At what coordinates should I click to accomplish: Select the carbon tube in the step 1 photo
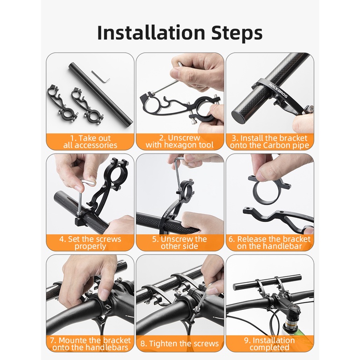pyautogui.click(x=101, y=95)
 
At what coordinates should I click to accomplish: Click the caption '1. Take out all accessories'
pyautogui.click(x=90, y=142)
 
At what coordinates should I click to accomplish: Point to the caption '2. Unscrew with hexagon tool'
pyautogui.click(x=180, y=141)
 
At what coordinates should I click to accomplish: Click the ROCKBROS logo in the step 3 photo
pyautogui.click(x=278, y=91)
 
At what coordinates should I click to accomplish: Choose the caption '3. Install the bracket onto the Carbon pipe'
pyautogui.click(x=269, y=142)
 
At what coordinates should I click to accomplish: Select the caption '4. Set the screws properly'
pyautogui.click(x=90, y=243)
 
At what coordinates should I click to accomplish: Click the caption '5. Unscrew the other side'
pyautogui.click(x=180, y=243)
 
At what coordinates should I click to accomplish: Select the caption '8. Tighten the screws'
pyautogui.click(x=180, y=344)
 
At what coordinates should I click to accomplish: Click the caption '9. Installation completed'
pyautogui.click(x=269, y=344)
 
